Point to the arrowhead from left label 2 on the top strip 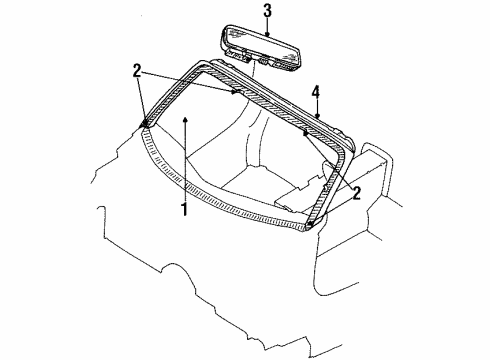(237, 92)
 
